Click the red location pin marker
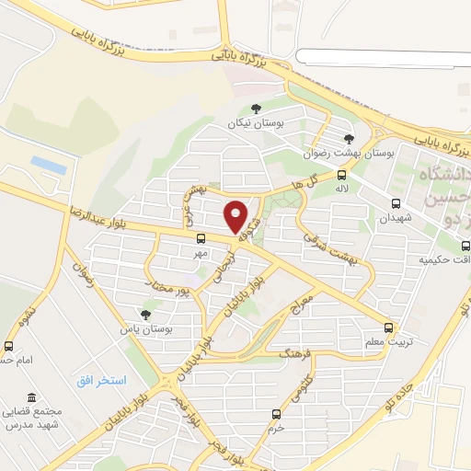coord(236,217)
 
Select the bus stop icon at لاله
coord(342,175)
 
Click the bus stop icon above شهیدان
coord(396,203)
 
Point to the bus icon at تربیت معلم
coord(388,327)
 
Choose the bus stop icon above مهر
coord(201,236)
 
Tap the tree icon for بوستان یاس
coord(145,314)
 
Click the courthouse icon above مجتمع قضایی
coord(33,397)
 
